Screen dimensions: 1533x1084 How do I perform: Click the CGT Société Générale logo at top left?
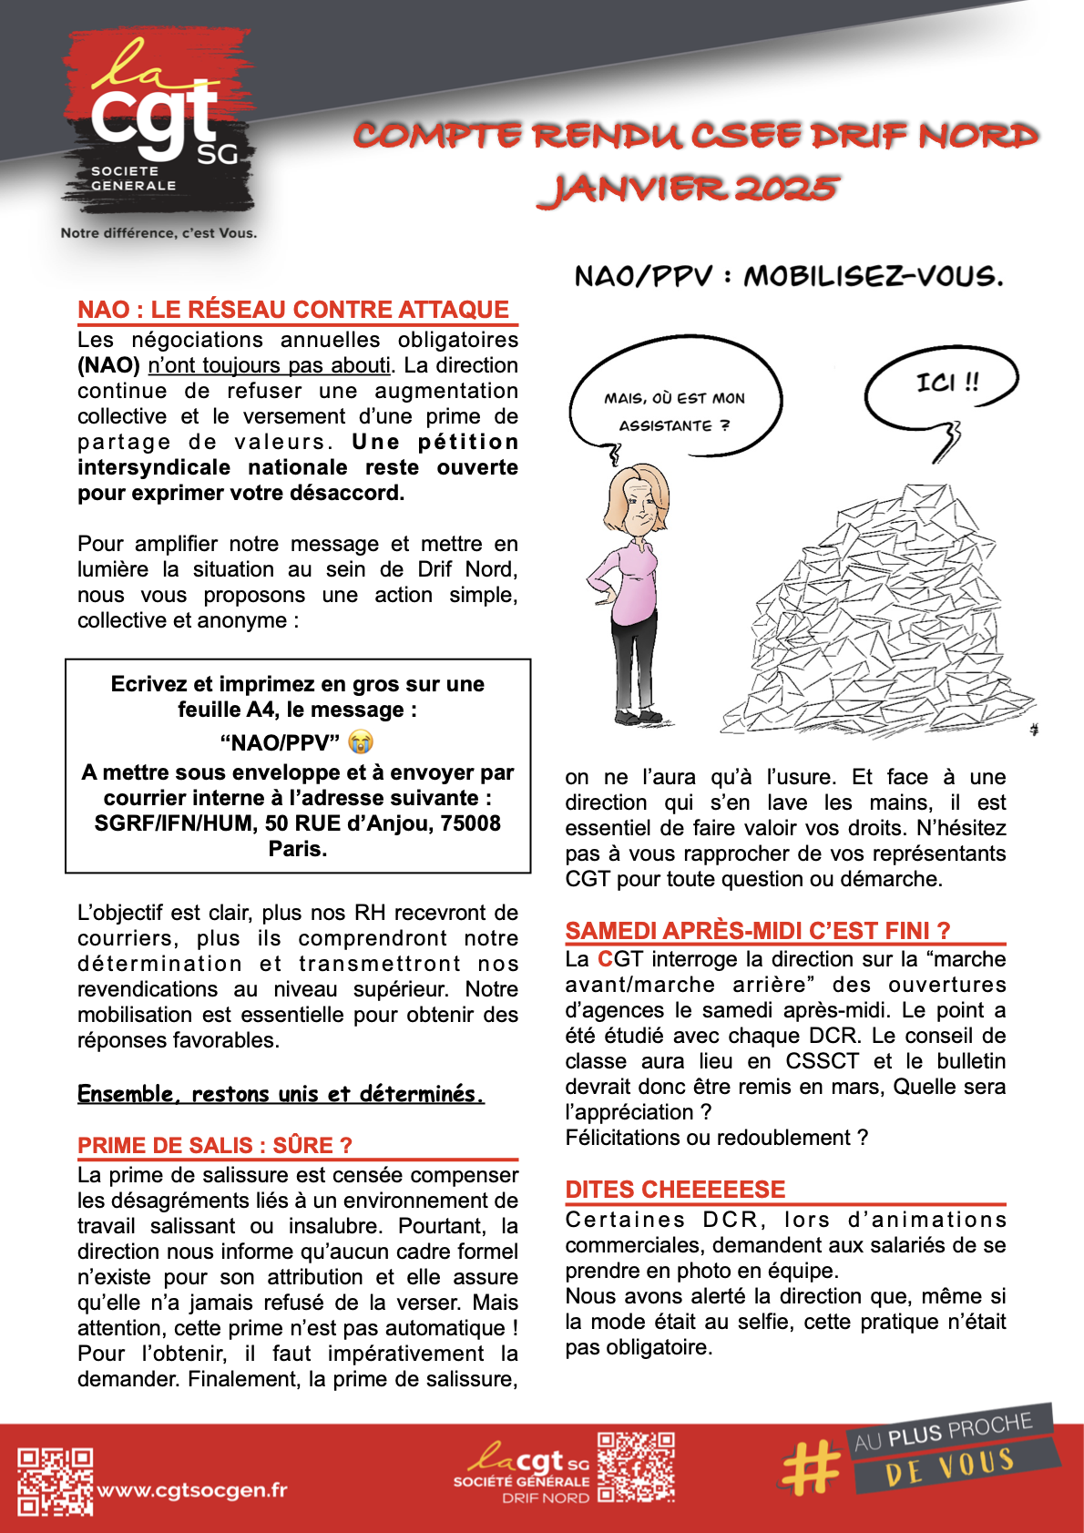pos(157,123)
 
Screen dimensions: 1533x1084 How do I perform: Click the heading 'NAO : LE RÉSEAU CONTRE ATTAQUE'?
pos(293,310)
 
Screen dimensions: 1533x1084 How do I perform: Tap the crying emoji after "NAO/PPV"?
pos(361,742)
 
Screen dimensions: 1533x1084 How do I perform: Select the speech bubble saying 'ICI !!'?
pos(942,383)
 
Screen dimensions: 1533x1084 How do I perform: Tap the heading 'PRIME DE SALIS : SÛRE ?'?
pos(215,1145)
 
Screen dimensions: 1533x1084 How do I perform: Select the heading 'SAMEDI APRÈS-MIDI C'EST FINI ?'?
pos(757,930)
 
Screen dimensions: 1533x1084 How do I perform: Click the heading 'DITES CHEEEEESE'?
pos(675,1189)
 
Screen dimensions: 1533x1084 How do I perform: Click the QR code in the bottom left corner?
pos(56,1482)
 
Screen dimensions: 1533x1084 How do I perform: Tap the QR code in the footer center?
pos(636,1467)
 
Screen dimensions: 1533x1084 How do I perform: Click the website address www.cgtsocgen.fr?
pos(192,1490)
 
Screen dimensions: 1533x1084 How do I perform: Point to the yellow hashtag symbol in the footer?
pos(810,1467)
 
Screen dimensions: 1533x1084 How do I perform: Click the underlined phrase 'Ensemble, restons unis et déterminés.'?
pos(281,1094)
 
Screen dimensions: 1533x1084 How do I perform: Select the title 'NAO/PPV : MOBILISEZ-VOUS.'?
pos(788,276)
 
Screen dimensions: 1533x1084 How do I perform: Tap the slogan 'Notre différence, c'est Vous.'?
pos(159,233)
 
